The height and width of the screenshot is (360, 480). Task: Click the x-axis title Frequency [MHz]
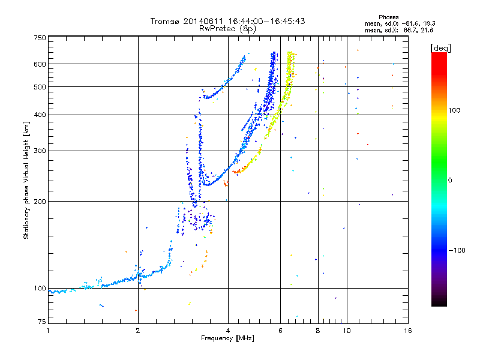227,339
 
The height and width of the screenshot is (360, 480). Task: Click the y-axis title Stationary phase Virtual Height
26,180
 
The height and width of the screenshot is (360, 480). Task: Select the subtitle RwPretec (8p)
227,28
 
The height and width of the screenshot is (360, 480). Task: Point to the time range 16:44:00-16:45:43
262,21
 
